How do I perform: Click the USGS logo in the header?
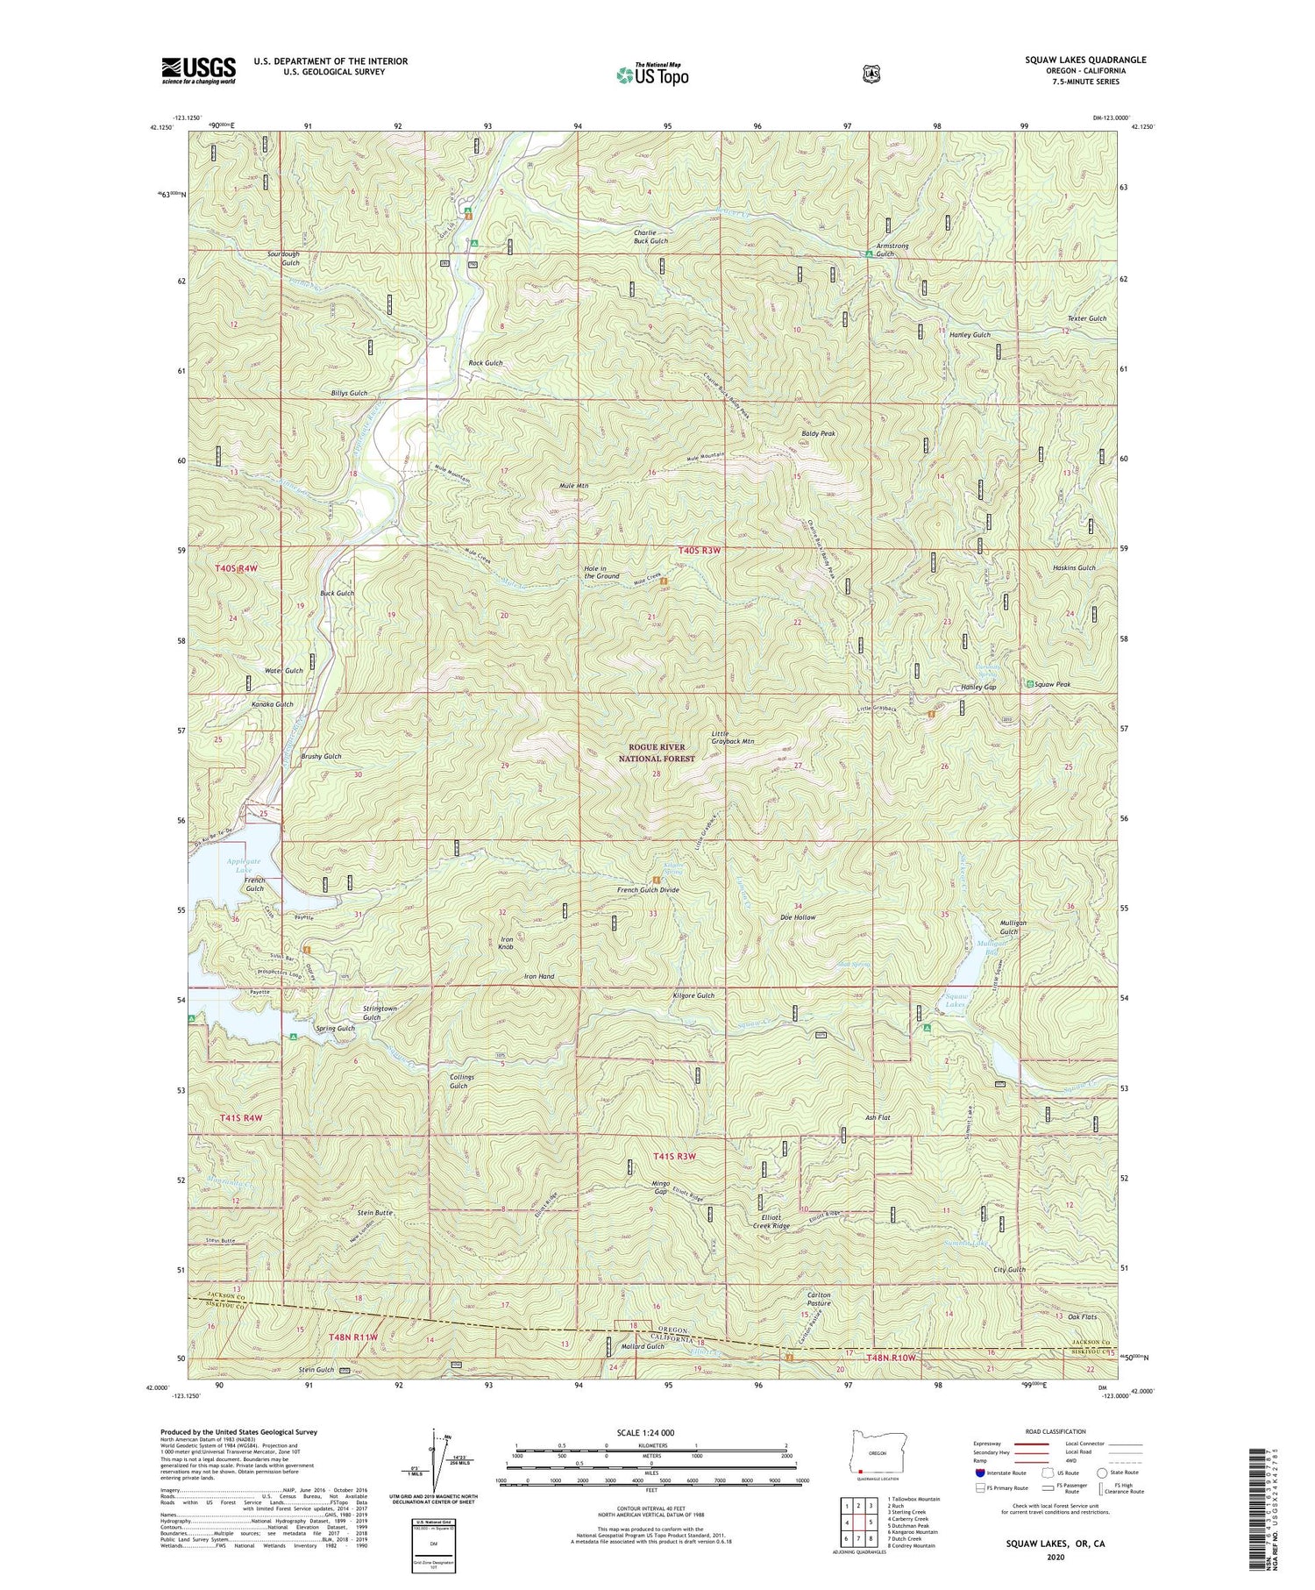click(x=198, y=69)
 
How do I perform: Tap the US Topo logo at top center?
click(x=652, y=75)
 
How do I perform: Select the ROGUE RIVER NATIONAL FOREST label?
click(x=656, y=752)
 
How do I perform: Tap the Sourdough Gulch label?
click(x=283, y=258)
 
